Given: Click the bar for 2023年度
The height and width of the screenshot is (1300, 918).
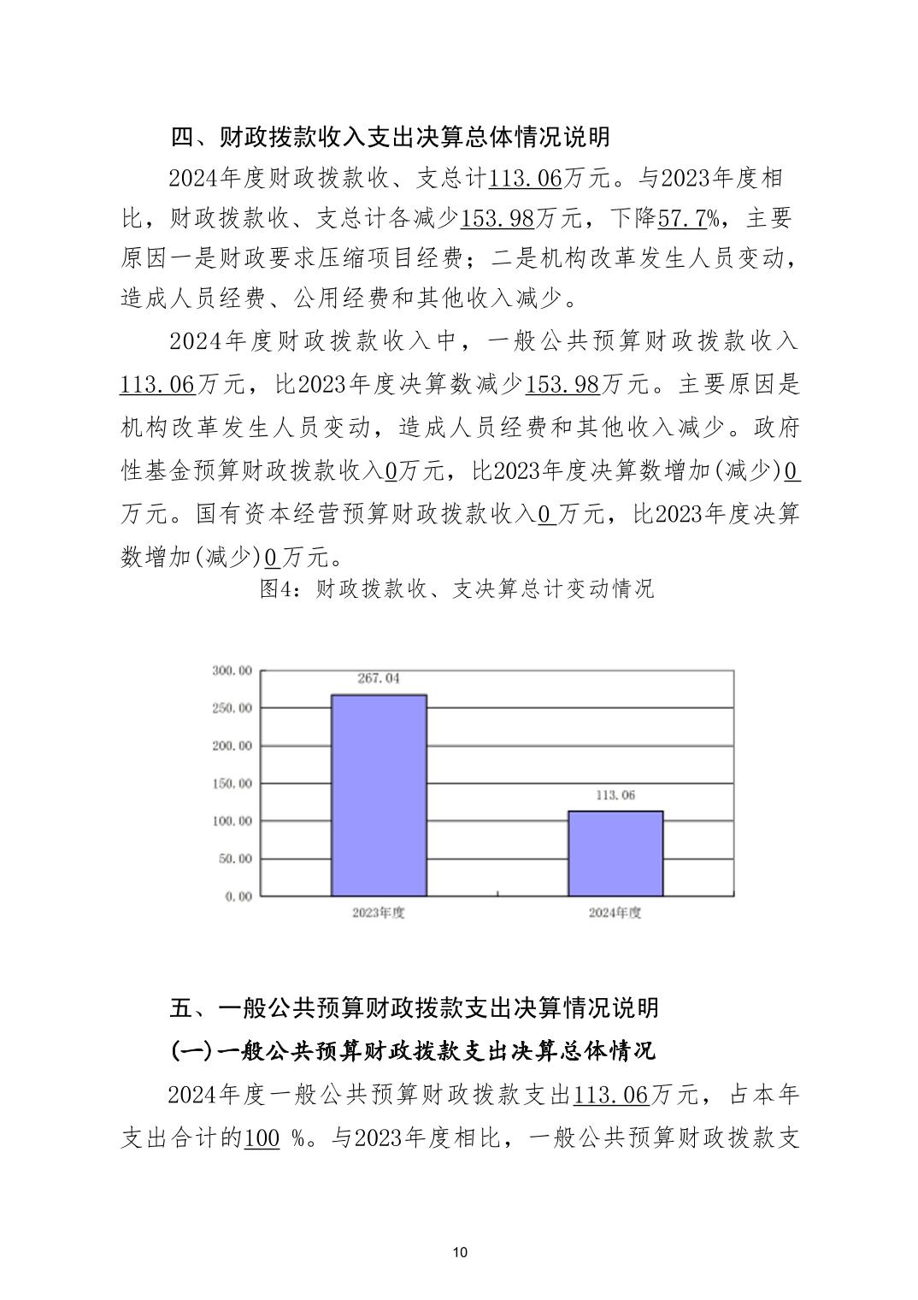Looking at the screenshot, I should (379, 795).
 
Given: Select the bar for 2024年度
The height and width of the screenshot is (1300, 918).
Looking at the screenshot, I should (615, 853).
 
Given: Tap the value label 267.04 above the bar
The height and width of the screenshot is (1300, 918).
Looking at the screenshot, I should (379, 678).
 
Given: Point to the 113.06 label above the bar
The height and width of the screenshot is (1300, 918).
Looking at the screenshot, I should (615, 795).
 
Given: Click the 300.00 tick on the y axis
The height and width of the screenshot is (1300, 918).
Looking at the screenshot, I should (232, 671).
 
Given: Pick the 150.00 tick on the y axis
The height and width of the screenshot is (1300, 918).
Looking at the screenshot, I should (232, 783).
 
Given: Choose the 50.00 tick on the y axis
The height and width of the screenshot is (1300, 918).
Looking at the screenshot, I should (235, 859).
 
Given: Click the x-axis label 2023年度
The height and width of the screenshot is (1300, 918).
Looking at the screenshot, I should (378, 913).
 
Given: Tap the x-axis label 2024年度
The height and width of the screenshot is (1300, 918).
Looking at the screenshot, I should (615, 913).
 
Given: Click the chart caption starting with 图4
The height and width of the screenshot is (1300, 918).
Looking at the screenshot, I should (457, 589).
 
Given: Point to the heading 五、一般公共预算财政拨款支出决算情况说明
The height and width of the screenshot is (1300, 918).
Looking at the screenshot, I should (415, 1007).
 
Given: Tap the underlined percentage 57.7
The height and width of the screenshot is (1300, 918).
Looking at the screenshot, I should (681, 219).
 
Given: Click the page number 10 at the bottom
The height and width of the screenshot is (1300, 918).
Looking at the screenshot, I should (459, 1253).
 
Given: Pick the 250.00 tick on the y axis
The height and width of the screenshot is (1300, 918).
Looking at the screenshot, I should (232, 708).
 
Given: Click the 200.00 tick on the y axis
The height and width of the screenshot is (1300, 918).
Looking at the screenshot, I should (232, 746).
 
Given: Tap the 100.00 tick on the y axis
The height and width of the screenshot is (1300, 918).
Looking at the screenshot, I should (232, 821).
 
